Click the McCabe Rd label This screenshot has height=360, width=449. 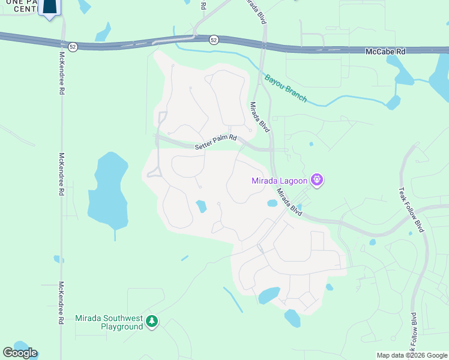tap(385, 52)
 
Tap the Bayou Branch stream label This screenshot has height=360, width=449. tap(286, 88)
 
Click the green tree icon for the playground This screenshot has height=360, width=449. tap(152, 322)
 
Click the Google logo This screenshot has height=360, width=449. tap(20, 353)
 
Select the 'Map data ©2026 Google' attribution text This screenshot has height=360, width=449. tap(412, 355)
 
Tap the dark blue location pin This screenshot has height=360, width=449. tap(52, 7)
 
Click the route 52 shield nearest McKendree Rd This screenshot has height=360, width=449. tap(72, 46)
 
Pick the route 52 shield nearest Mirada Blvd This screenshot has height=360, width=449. tap(214, 40)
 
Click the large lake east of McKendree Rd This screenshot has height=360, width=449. tap(109, 191)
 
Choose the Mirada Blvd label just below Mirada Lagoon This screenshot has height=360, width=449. tap(289, 203)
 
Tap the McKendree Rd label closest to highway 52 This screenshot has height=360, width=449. tap(62, 71)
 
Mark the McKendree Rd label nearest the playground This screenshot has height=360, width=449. tap(61, 303)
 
